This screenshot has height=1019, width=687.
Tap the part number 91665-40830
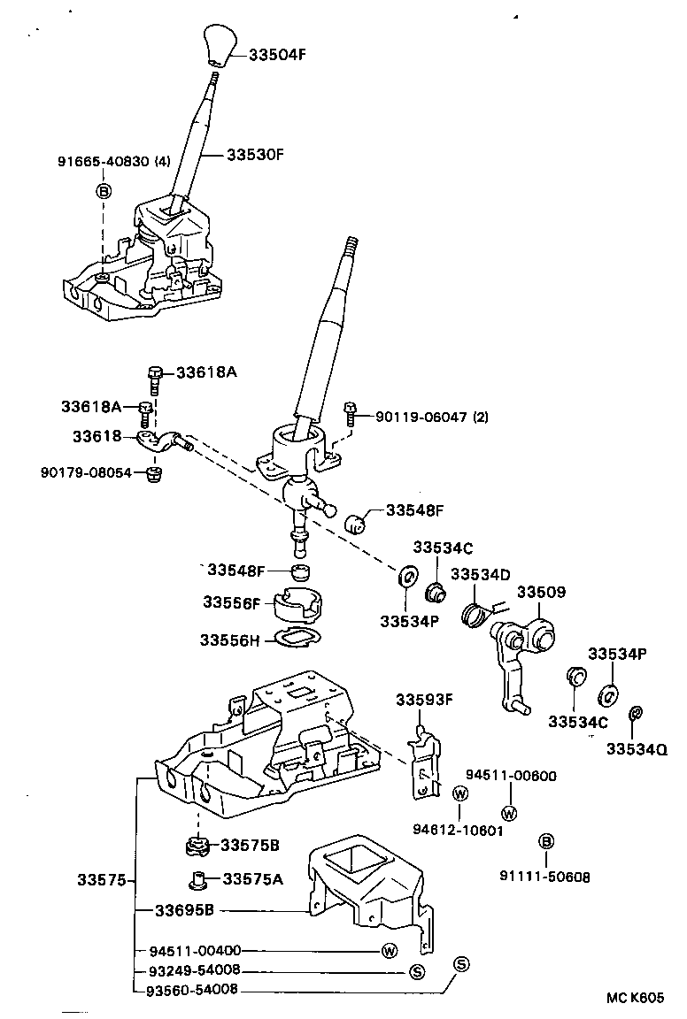click(104, 162)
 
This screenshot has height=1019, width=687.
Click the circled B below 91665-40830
click(104, 191)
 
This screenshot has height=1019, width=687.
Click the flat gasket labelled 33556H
click(293, 638)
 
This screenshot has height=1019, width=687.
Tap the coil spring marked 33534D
click(478, 609)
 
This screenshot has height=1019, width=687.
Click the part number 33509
click(541, 592)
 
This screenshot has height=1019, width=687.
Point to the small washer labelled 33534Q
click(635, 713)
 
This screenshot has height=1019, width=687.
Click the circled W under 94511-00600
click(510, 812)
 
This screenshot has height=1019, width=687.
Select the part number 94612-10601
click(458, 830)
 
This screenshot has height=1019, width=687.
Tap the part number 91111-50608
click(544, 877)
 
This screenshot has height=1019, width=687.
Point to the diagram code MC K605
click(635, 997)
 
